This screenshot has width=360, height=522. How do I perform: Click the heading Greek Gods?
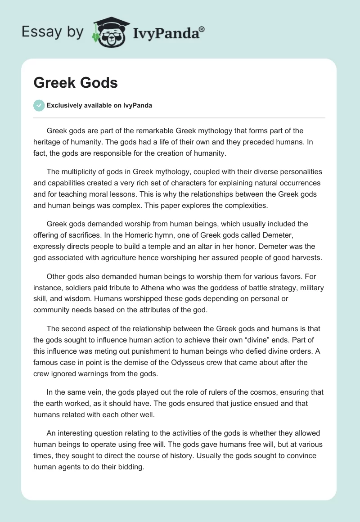pos(75,83)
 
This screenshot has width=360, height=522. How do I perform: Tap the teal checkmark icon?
pos(39,105)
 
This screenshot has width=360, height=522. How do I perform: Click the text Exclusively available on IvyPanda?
pos(99,105)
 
